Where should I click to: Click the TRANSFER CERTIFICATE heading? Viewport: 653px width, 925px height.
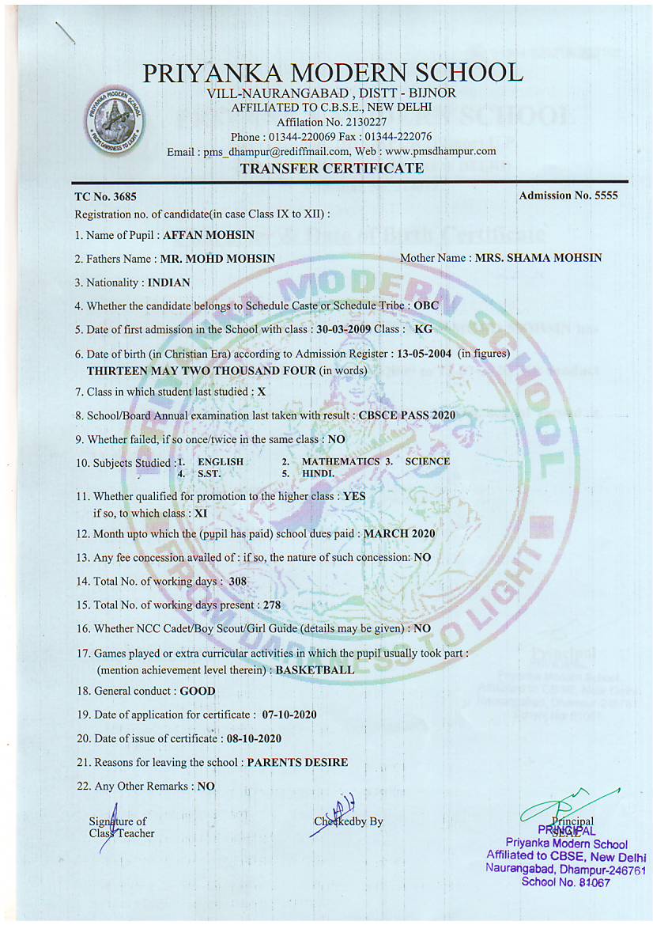pyautogui.click(x=331, y=169)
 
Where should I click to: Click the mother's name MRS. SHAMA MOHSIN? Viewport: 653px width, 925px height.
pyautogui.click(x=538, y=258)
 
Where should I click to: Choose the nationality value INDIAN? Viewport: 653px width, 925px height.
pyautogui.click(x=168, y=282)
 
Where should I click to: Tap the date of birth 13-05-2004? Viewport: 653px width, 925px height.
pyautogui.click(x=425, y=353)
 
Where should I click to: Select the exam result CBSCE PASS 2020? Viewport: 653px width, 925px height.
pyautogui.click(x=406, y=415)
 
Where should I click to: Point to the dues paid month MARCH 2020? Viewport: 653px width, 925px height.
pyautogui.click(x=398, y=534)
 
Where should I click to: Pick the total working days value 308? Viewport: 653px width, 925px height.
pyautogui.click(x=238, y=582)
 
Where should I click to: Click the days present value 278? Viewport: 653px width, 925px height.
pyautogui.click(x=271, y=606)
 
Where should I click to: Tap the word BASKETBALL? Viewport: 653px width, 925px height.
pyautogui.click(x=315, y=669)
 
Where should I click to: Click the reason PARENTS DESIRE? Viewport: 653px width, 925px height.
pyautogui.click(x=297, y=763)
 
